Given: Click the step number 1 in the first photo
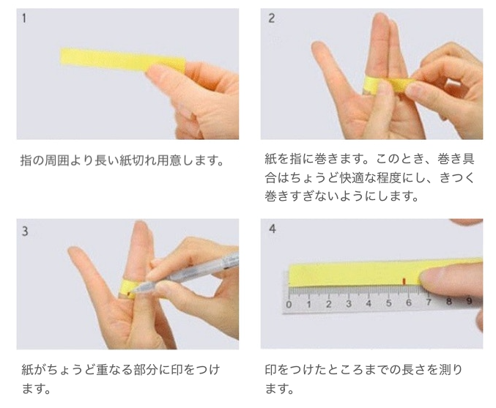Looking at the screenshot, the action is click(x=24, y=18).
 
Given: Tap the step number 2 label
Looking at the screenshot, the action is click(x=271, y=18).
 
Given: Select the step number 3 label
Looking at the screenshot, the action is click(x=25, y=231).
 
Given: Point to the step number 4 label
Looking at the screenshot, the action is click(x=272, y=229).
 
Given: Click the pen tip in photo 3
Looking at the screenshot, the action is click(x=133, y=292).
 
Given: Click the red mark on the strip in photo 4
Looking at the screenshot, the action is click(x=404, y=281).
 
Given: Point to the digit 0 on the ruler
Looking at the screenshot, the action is click(x=289, y=305).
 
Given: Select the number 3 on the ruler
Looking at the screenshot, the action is click(x=349, y=304).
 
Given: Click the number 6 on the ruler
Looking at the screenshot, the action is click(x=409, y=303).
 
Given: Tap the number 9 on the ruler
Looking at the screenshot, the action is click(x=470, y=300).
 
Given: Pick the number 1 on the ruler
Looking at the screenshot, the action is click(x=308, y=304).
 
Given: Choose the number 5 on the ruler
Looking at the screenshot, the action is click(x=389, y=303).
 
